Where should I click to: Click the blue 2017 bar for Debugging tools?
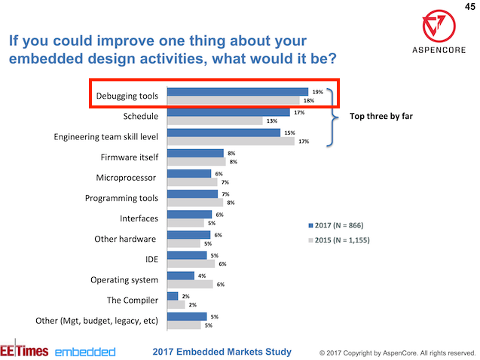(237, 92)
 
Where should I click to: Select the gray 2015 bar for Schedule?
(214, 121)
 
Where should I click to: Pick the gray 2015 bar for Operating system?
(191, 284)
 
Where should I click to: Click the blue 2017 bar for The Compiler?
(173, 296)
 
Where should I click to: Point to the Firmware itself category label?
(129, 157)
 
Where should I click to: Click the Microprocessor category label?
(126, 178)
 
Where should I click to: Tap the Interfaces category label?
(139, 218)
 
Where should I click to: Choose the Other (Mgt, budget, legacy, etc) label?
(97, 320)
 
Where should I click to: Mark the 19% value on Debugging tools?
(318, 92)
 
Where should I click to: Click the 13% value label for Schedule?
(271, 121)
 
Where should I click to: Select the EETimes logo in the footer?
(24, 351)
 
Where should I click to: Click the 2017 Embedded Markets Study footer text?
(222, 351)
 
